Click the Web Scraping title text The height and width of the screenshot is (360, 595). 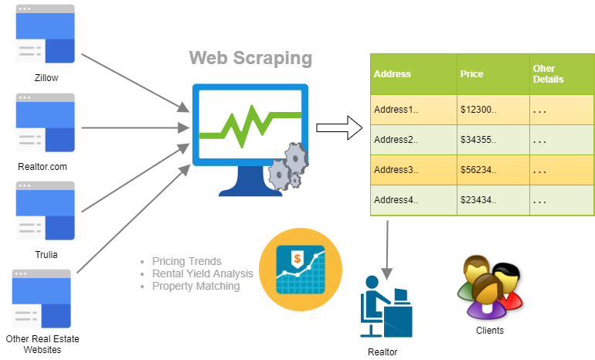(x=250, y=58)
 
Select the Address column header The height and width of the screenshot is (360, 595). (x=393, y=74)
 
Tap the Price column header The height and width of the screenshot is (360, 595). (x=471, y=74)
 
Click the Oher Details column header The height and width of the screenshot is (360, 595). (x=549, y=74)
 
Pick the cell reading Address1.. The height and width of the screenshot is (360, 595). (x=396, y=110)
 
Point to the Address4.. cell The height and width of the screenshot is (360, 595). (x=396, y=200)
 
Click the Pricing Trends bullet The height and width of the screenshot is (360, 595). (x=186, y=261)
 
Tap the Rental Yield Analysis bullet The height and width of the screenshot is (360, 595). (x=202, y=273)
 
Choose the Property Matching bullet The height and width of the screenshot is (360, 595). (x=195, y=286)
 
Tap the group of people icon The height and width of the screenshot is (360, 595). (x=490, y=287)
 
